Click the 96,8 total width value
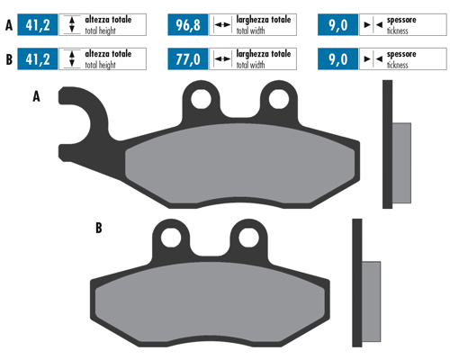(x=188, y=25)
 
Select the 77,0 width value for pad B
(x=188, y=59)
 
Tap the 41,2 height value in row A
(x=38, y=25)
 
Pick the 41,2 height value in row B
(x=38, y=59)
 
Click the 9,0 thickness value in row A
(x=338, y=25)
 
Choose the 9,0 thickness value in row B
(x=338, y=59)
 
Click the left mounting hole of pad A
(x=201, y=99)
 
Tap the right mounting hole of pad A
(x=279, y=99)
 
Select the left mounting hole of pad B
(x=171, y=238)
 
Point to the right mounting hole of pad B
(x=248, y=238)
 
